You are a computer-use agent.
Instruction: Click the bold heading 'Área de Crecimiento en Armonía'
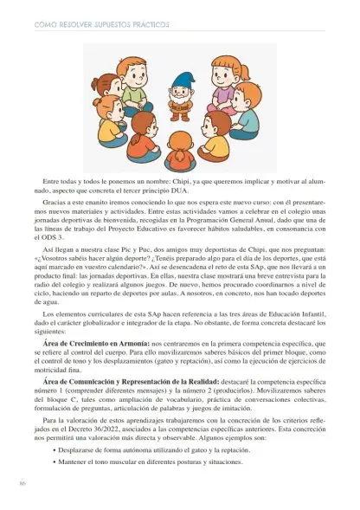(94, 366)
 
